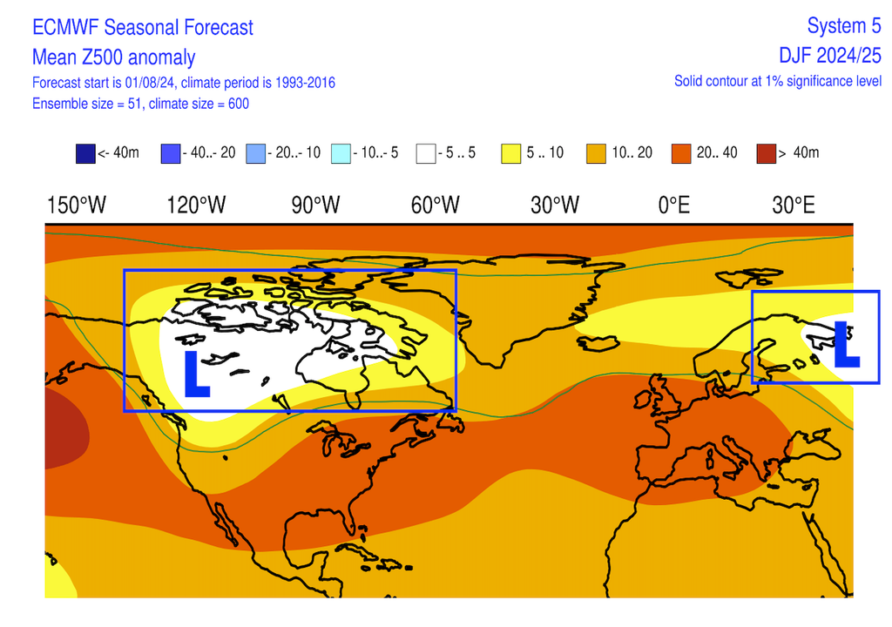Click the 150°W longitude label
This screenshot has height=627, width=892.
pos(77,206)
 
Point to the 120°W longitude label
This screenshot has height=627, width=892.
pos(197,206)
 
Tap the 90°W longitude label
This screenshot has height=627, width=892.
pos(314,206)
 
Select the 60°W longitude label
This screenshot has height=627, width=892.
pos(435,206)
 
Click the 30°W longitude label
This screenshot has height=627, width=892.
pos(555,206)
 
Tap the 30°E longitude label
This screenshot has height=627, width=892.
pos(794,206)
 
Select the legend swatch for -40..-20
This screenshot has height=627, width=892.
pos(172,153)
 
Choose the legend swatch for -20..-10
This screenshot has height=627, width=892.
pos(256,153)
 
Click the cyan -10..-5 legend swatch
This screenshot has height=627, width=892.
pos(341,153)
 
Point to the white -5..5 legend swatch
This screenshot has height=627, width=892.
pos(427,153)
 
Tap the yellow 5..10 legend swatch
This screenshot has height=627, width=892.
pos(511,153)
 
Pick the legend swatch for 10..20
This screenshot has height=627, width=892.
pos(597,153)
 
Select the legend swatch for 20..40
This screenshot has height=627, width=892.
pos(682,153)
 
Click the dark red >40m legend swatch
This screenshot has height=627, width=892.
pos(767,153)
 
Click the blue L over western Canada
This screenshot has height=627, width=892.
pos(196,374)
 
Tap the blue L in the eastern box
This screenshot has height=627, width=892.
pos(846,344)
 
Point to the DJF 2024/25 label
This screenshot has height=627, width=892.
pos(830,56)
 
